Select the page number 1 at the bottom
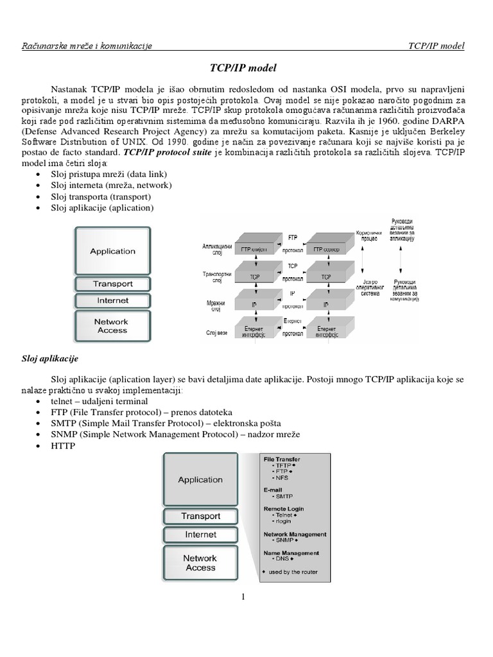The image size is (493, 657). tap(244, 597)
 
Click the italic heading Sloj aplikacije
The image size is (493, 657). tap(50, 358)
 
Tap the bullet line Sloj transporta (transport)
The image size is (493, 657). tap(102, 196)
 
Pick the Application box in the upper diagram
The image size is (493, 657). tap(113, 251)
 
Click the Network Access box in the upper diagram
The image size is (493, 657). tap(113, 326)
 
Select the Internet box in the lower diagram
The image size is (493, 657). tap(201, 534)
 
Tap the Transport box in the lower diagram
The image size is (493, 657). tap(201, 516)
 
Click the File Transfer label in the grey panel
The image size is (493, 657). tap(282, 459)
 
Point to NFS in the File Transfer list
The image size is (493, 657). tap(281, 478)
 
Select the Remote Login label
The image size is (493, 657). tap(284, 509)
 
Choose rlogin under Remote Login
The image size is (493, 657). tap(282, 521)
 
